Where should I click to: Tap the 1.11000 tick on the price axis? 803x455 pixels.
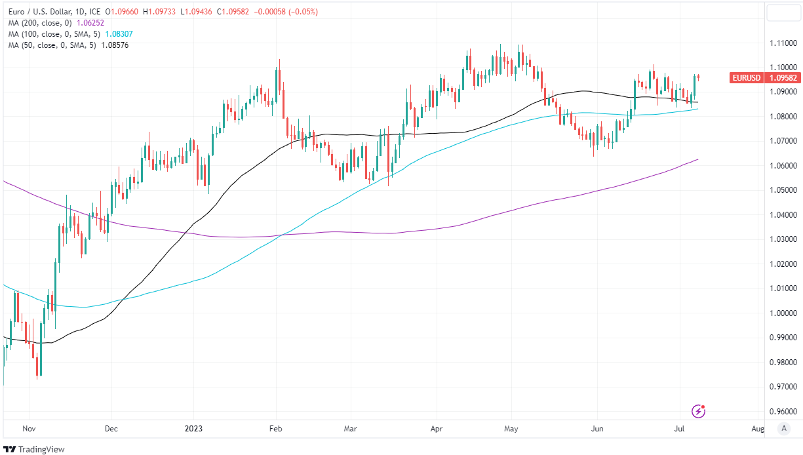783,43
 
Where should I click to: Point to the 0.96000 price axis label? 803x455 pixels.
783,412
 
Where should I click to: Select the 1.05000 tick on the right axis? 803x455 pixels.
783,190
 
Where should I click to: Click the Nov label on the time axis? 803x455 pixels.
29,429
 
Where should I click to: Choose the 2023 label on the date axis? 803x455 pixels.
194,429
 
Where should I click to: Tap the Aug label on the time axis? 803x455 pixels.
757,429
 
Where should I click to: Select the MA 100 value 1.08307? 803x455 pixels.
119,33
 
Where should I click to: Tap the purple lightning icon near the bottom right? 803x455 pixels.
699,412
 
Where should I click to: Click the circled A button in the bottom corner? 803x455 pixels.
783,429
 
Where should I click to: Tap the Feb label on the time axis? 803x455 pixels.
275,429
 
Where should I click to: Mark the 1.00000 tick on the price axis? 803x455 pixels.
783,313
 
